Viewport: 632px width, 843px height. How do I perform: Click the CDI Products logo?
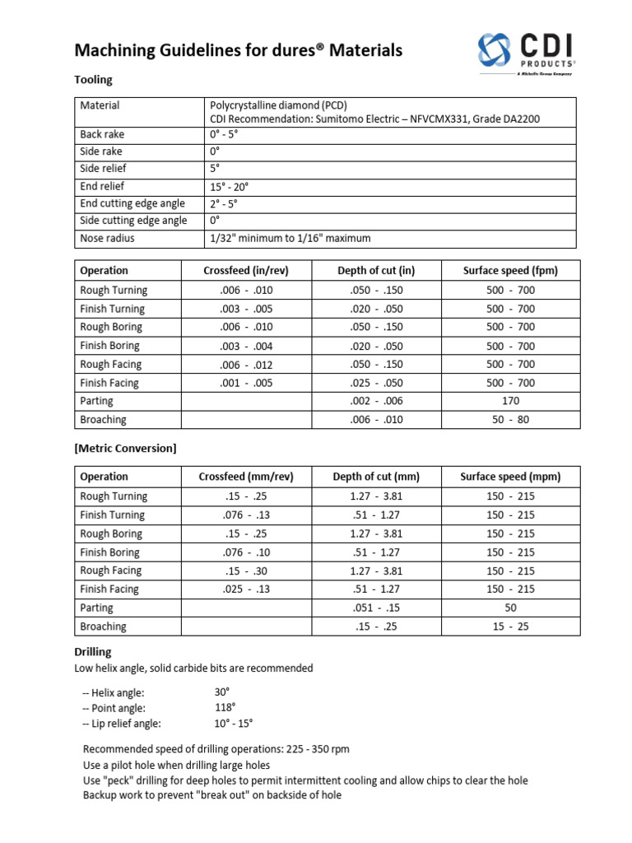click(x=526, y=53)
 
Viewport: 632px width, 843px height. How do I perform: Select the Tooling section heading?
click(x=93, y=80)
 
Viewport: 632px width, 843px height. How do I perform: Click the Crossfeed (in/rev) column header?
click(x=246, y=271)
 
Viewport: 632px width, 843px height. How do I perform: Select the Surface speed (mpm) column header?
click(x=510, y=477)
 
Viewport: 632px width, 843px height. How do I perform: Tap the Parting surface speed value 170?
click(x=510, y=402)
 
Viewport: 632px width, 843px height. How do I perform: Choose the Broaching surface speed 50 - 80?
click(x=510, y=420)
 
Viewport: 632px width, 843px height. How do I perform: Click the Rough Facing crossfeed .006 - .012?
click(x=246, y=365)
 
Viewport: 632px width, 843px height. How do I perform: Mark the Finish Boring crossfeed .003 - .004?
click(x=246, y=347)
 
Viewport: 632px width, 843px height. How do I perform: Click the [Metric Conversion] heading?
click(x=125, y=449)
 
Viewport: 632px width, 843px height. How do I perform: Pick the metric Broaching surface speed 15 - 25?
click(x=510, y=626)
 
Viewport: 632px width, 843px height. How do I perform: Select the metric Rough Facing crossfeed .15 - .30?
click(x=246, y=571)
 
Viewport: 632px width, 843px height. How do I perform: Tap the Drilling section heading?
click(x=93, y=652)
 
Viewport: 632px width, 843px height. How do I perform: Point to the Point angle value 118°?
click(x=225, y=708)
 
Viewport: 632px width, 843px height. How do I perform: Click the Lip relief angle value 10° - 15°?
click(x=234, y=724)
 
